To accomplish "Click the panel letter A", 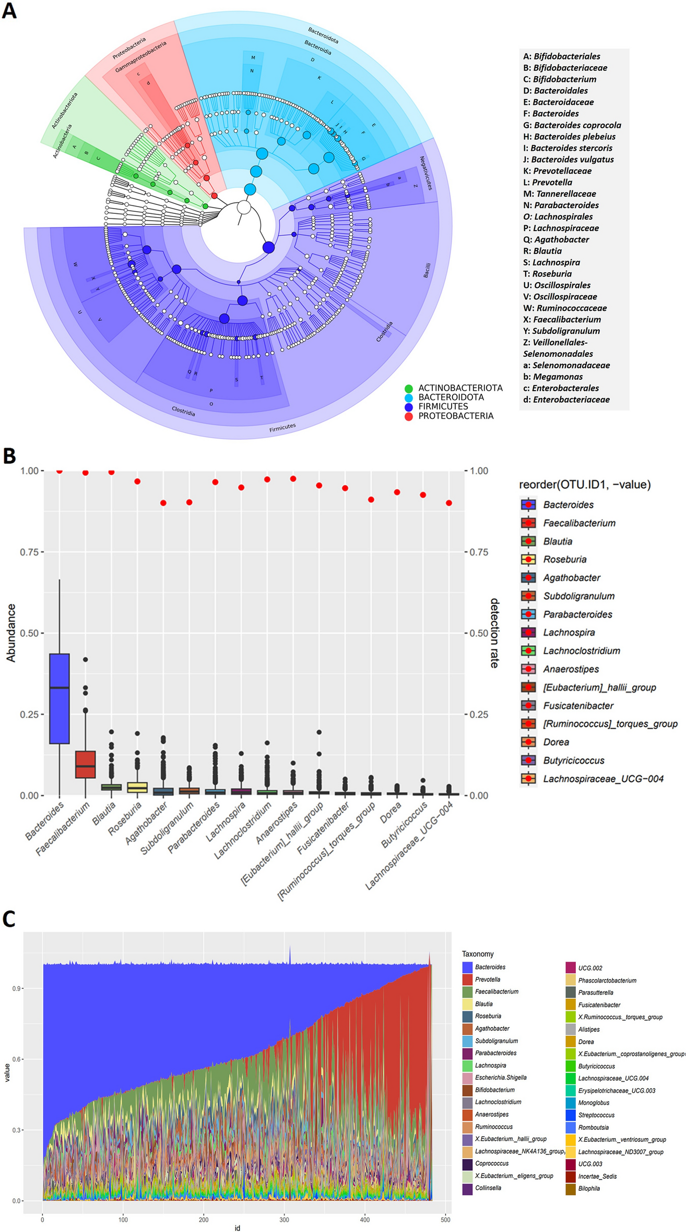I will (9, 10).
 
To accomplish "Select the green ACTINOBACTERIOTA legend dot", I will (409, 389).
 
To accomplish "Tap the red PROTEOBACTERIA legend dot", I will (409, 416).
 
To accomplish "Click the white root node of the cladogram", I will (244, 208).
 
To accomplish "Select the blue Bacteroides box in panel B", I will (60, 698).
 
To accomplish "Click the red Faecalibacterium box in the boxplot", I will (86, 765).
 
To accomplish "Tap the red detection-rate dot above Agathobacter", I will (163, 503).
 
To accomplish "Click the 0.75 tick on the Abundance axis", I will (29, 552).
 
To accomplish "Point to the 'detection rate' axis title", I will (494, 633).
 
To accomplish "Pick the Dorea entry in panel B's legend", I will (556, 742).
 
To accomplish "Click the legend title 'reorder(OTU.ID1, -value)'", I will (585, 485).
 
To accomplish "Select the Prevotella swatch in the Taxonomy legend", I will (467, 980).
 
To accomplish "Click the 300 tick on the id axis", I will (285, 1219).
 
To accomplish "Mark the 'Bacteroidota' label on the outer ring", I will (323, 35).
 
